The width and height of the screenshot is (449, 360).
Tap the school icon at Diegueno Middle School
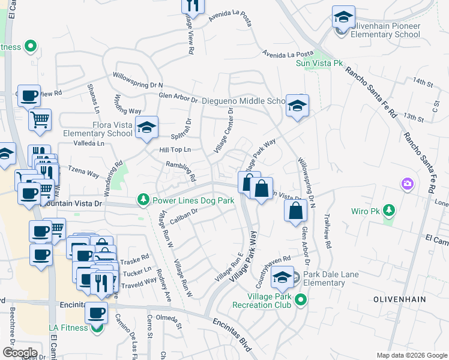297,106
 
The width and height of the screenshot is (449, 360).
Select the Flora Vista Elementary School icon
146,127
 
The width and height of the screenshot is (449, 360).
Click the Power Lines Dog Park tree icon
143,199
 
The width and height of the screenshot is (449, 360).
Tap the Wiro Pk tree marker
390,210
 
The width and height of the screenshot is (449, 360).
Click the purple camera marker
408,183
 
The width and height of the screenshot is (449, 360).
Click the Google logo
20,352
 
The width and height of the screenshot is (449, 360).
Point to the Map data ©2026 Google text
412,355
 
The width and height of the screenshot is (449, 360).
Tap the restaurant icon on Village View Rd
193,5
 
